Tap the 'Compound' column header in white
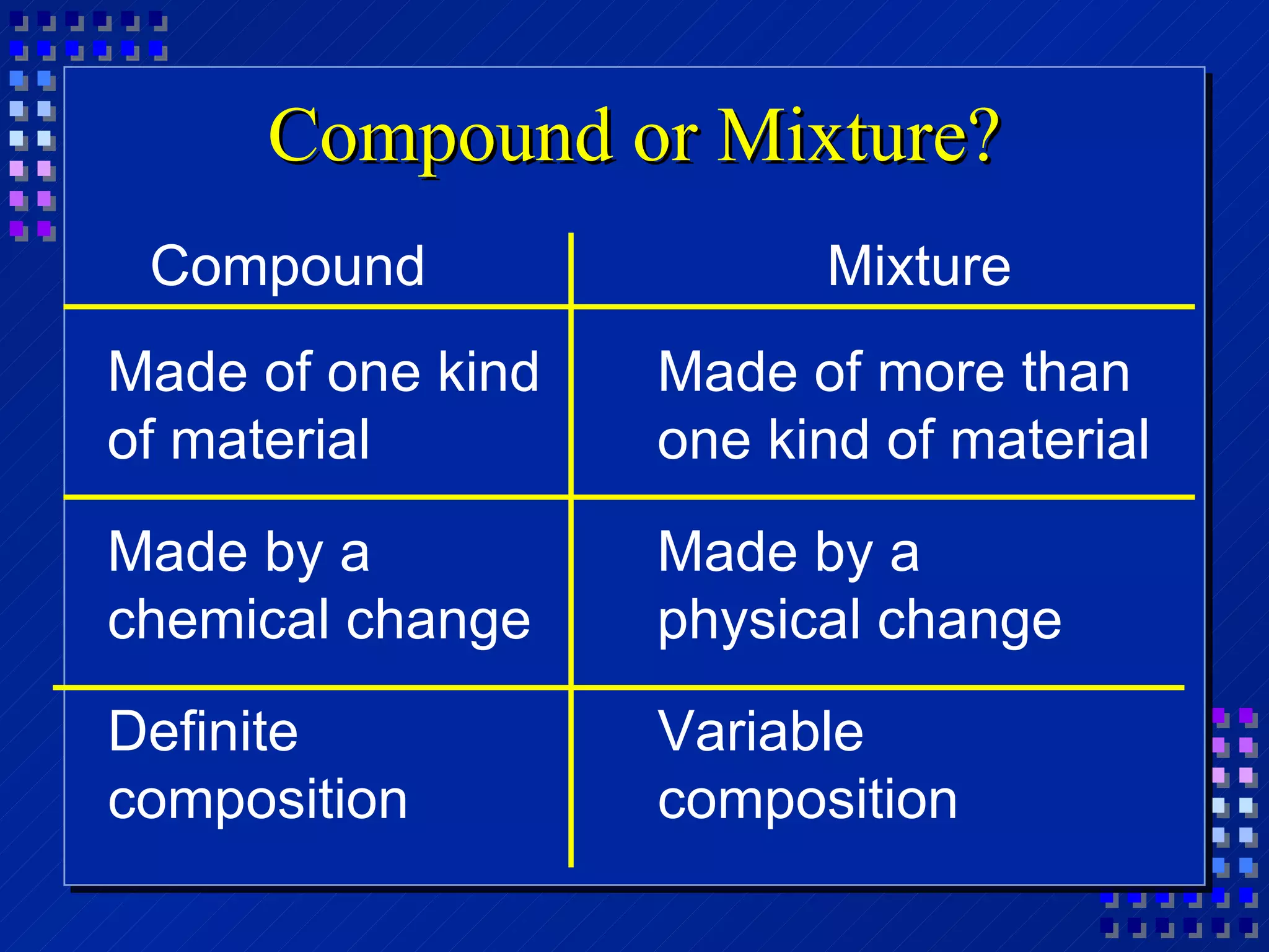pyautogui.click(x=288, y=267)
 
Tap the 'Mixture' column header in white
pyautogui.click(x=919, y=267)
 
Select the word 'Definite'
pyautogui.click(x=203, y=731)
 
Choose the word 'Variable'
pyautogui.click(x=760, y=731)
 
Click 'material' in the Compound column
pyautogui.click(x=270, y=439)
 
